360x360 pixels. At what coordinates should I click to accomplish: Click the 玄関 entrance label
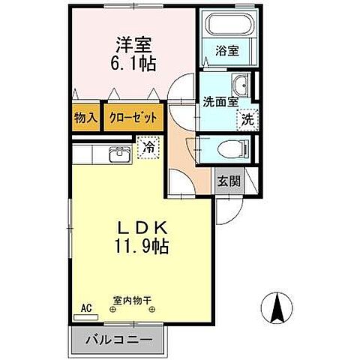(229, 181)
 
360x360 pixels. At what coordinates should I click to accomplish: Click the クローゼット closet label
(132, 118)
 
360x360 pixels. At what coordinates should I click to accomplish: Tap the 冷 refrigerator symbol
(149, 148)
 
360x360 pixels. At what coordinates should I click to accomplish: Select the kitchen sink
(119, 154)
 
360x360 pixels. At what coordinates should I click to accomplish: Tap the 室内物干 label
(132, 300)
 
